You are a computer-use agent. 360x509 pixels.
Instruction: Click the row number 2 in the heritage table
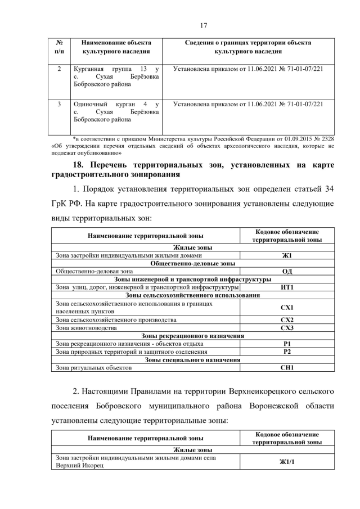coord(60,69)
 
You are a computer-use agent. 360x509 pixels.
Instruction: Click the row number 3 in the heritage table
coord(60,104)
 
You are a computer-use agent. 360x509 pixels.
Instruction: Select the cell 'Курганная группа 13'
coord(116,76)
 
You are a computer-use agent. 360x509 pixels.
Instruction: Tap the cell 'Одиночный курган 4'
coord(116,111)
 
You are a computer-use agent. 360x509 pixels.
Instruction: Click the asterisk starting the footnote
coord(74,138)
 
